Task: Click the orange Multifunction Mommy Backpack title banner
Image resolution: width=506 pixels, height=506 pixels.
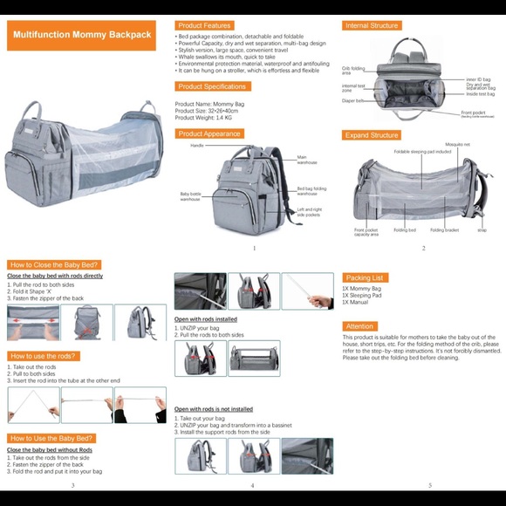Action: (83, 36)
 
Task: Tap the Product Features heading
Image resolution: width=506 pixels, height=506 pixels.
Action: (205, 26)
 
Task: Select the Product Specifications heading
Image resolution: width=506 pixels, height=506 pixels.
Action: (213, 86)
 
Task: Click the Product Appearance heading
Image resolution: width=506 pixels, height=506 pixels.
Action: (209, 133)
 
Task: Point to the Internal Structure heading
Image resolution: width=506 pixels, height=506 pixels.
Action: (372, 26)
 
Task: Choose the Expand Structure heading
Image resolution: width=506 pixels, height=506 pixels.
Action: (371, 135)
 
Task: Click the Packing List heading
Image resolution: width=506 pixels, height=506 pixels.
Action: (366, 278)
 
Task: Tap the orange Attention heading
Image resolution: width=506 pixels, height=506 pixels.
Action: (359, 326)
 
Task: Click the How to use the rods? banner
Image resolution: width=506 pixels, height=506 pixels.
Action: (44, 356)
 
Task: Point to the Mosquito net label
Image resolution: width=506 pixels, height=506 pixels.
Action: (457, 144)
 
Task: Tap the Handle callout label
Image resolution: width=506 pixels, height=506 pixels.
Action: (197, 146)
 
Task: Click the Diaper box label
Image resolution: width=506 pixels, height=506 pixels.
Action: (353, 100)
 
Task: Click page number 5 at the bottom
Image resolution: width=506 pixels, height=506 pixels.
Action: (429, 485)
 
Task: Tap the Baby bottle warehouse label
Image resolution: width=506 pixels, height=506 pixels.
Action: (191, 196)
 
